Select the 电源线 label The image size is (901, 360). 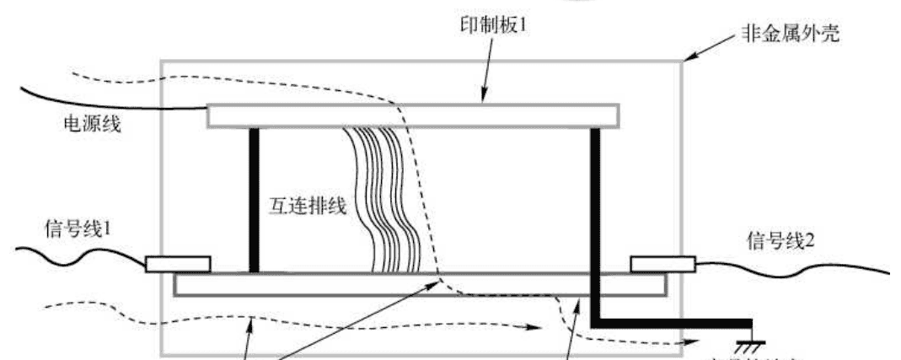tap(93, 125)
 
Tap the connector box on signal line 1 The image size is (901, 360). tap(178, 265)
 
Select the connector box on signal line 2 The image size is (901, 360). tap(662, 265)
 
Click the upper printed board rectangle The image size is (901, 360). tap(413, 116)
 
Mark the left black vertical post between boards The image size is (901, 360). tap(252, 200)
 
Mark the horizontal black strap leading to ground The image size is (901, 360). tap(674, 324)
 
